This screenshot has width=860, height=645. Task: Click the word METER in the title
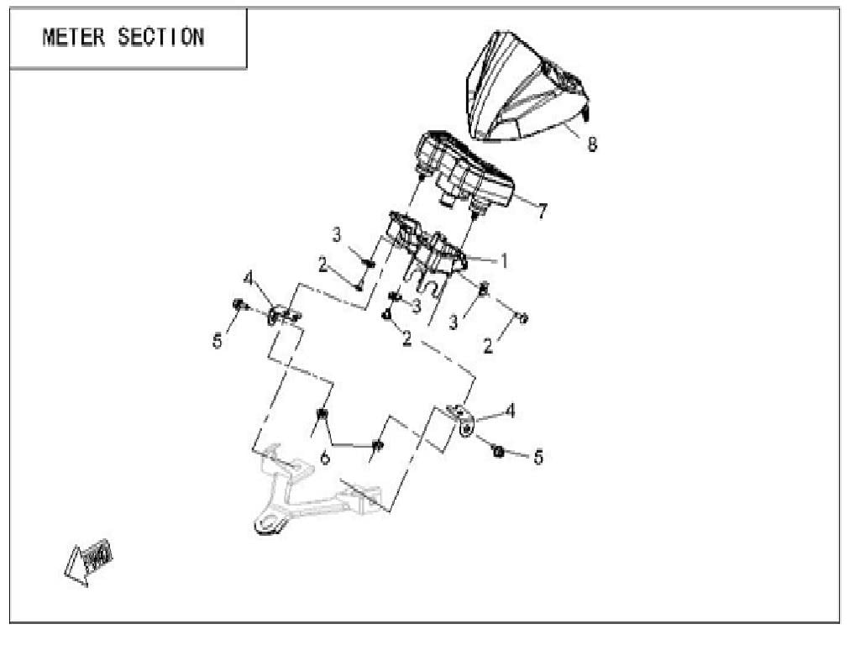pos(75,37)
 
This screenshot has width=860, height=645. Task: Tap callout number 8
pos(592,144)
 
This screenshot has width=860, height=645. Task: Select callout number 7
pos(543,212)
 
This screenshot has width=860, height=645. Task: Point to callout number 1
pos(505,260)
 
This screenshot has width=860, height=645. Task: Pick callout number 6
pos(325,458)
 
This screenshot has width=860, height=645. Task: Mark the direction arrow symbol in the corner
pos(89,560)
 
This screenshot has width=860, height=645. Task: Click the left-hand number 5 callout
pos(218,341)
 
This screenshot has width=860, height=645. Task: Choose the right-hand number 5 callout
pos(538,456)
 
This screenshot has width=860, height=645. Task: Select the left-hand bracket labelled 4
pos(282,316)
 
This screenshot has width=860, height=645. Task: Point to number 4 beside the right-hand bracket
pos(510,411)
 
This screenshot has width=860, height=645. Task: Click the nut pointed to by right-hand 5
pos(498,452)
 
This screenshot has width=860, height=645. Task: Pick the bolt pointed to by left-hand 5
pos(239,305)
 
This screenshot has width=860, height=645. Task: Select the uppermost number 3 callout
pos(337,235)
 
